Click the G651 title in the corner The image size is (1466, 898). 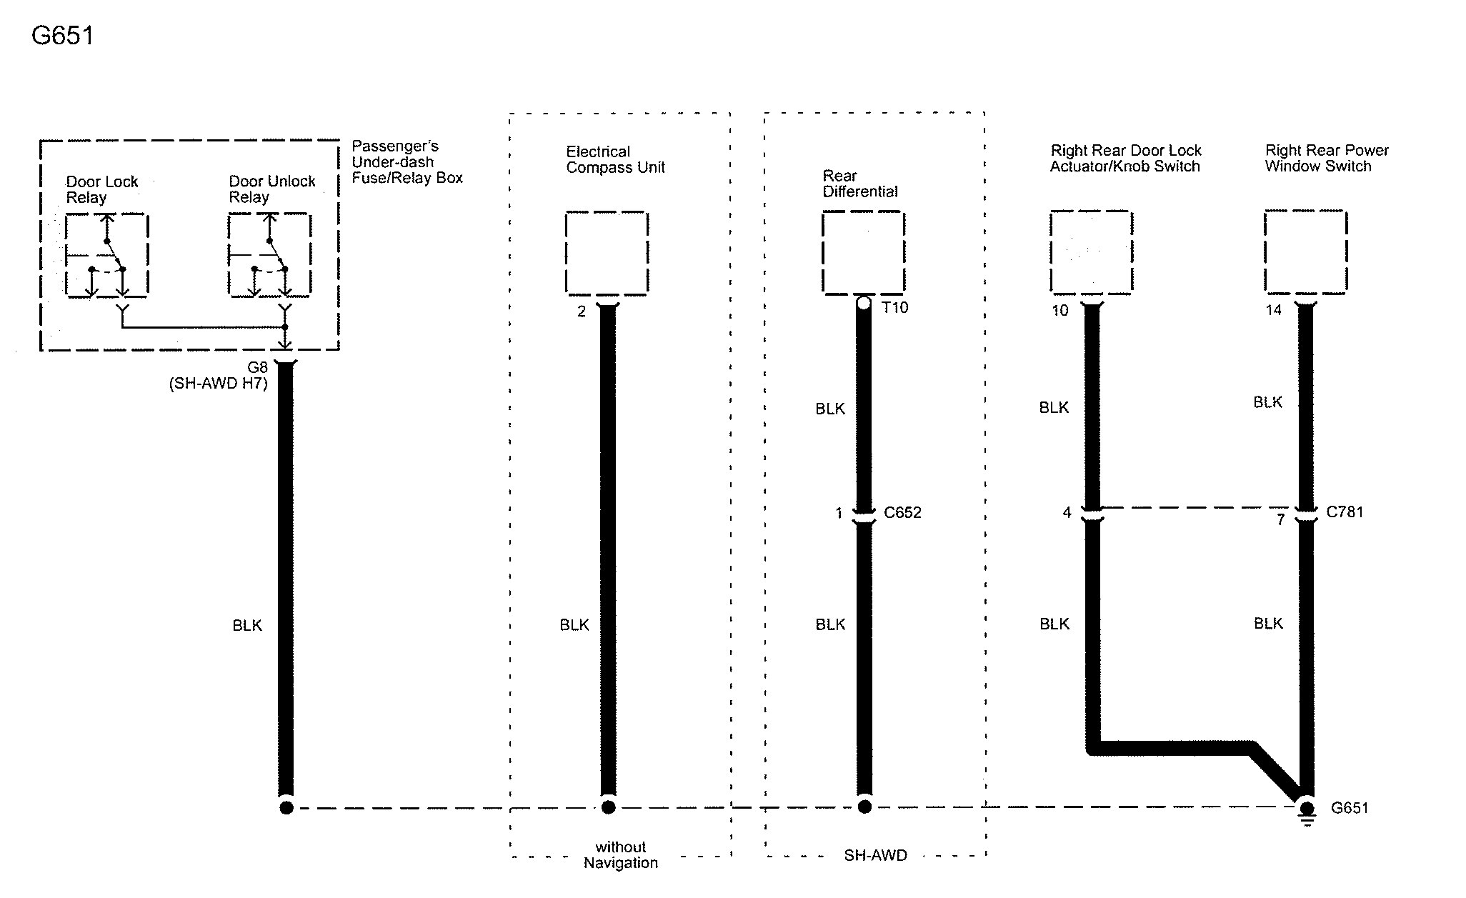[63, 36]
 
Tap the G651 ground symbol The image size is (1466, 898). [1307, 812]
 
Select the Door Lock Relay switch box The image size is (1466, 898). [107, 254]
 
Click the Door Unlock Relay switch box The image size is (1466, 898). [269, 254]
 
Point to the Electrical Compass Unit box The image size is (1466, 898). [607, 253]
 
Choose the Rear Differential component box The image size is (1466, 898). [863, 252]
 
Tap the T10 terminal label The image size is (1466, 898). [894, 308]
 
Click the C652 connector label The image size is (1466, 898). [902, 513]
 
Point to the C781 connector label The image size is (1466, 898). [1345, 512]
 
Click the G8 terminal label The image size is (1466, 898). [257, 368]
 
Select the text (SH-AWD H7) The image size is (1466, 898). [219, 384]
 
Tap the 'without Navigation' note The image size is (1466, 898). [620, 855]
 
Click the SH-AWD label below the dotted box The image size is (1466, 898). [875, 856]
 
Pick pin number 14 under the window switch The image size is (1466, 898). [1273, 311]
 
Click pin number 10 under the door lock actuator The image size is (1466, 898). [1059, 311]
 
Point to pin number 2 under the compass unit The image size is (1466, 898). [582, 311]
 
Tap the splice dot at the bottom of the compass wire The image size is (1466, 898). [608, 807]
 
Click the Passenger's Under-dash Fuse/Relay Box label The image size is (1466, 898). [407, 162]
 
